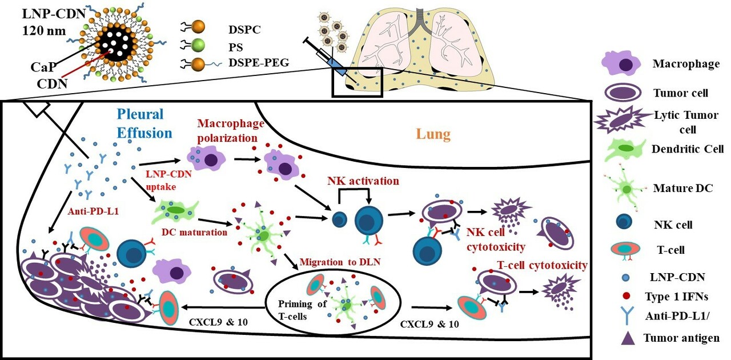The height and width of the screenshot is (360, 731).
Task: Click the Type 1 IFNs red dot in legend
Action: pyautogui.click(x=624, y=295)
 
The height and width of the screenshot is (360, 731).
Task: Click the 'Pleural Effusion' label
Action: pyautogui.click(x=144, y=123)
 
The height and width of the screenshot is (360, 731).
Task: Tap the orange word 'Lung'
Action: pyautogui.click(x=435, y=135)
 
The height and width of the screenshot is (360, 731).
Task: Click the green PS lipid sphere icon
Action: pyautogui.click(x=199, y=45)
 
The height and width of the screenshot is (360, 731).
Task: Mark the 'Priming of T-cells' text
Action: pyautogui.click(x=302, y=308)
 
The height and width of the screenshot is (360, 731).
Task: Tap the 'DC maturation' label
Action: pyautogui.click(x=194, y=231)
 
